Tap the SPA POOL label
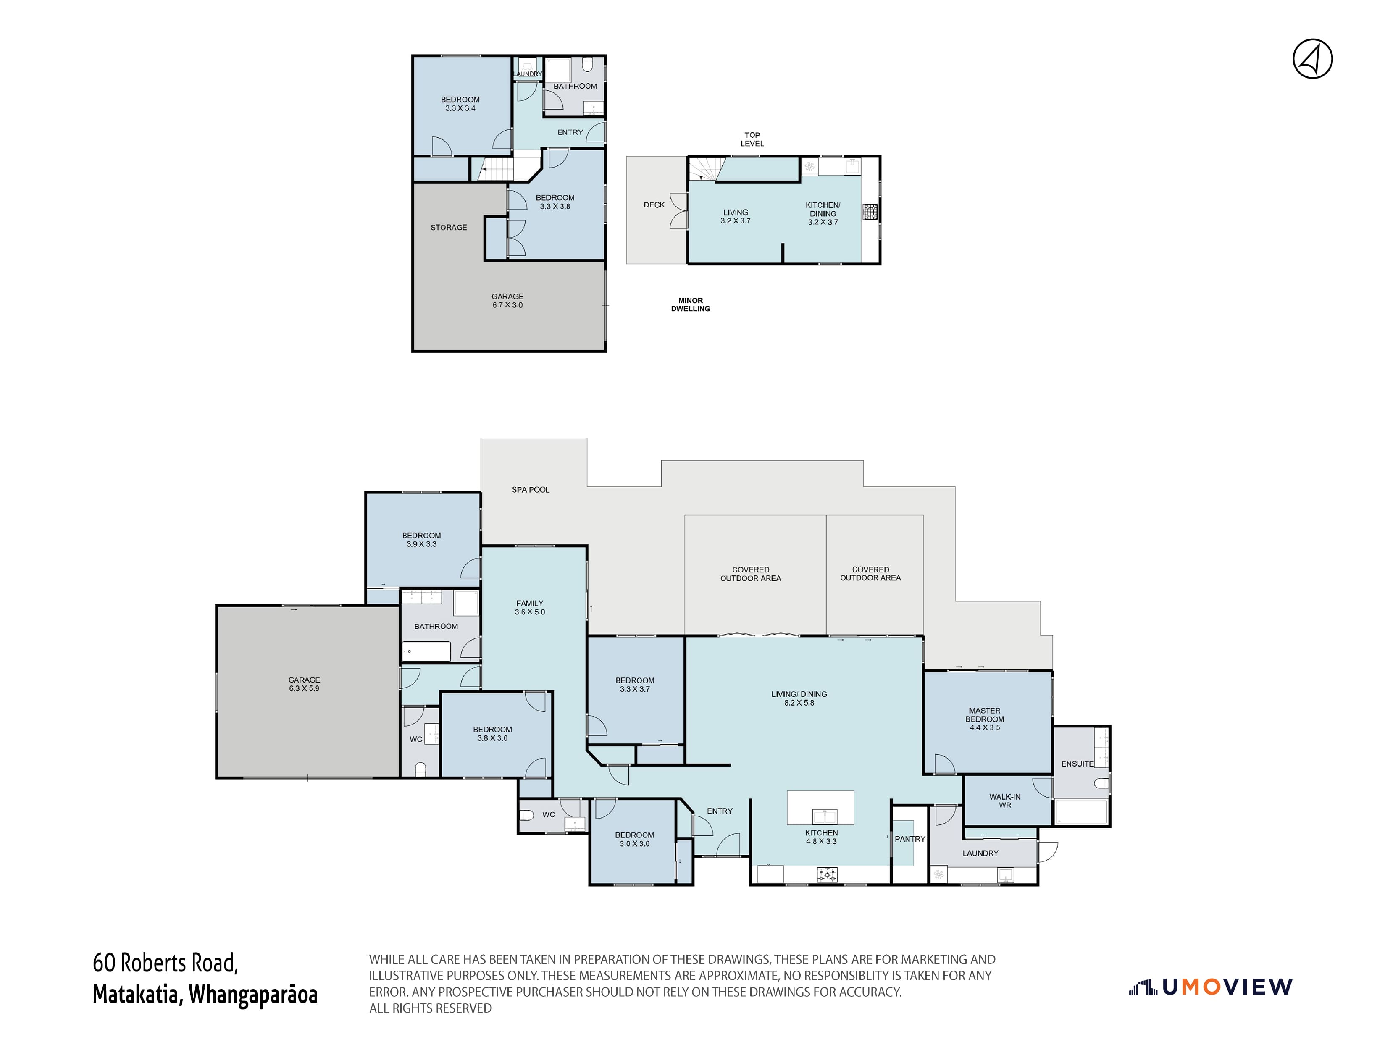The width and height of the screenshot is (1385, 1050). tap(530, 490)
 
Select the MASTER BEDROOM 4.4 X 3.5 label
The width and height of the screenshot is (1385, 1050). tap(984, 719)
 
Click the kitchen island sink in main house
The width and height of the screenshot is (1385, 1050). tap(824, 816)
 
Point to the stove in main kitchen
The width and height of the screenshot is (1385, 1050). tap(828, 875)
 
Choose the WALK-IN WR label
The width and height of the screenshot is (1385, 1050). tap(1004, 801)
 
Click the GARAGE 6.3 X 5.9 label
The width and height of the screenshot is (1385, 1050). tap(304, 684)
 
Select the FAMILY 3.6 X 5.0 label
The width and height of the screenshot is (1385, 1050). tap(530, 607)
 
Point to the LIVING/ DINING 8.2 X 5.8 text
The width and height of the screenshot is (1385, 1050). tap(799, 698)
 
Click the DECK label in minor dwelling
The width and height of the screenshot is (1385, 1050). tap(654, 205)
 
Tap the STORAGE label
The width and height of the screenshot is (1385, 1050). tap(448, 227)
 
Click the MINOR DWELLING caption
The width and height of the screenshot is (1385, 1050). tap(690, 304)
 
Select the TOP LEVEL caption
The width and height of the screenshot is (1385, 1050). tap(752, 139)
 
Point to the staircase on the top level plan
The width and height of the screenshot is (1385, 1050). tap(706, 169)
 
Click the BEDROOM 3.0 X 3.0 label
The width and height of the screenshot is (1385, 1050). tap(634, 839)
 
